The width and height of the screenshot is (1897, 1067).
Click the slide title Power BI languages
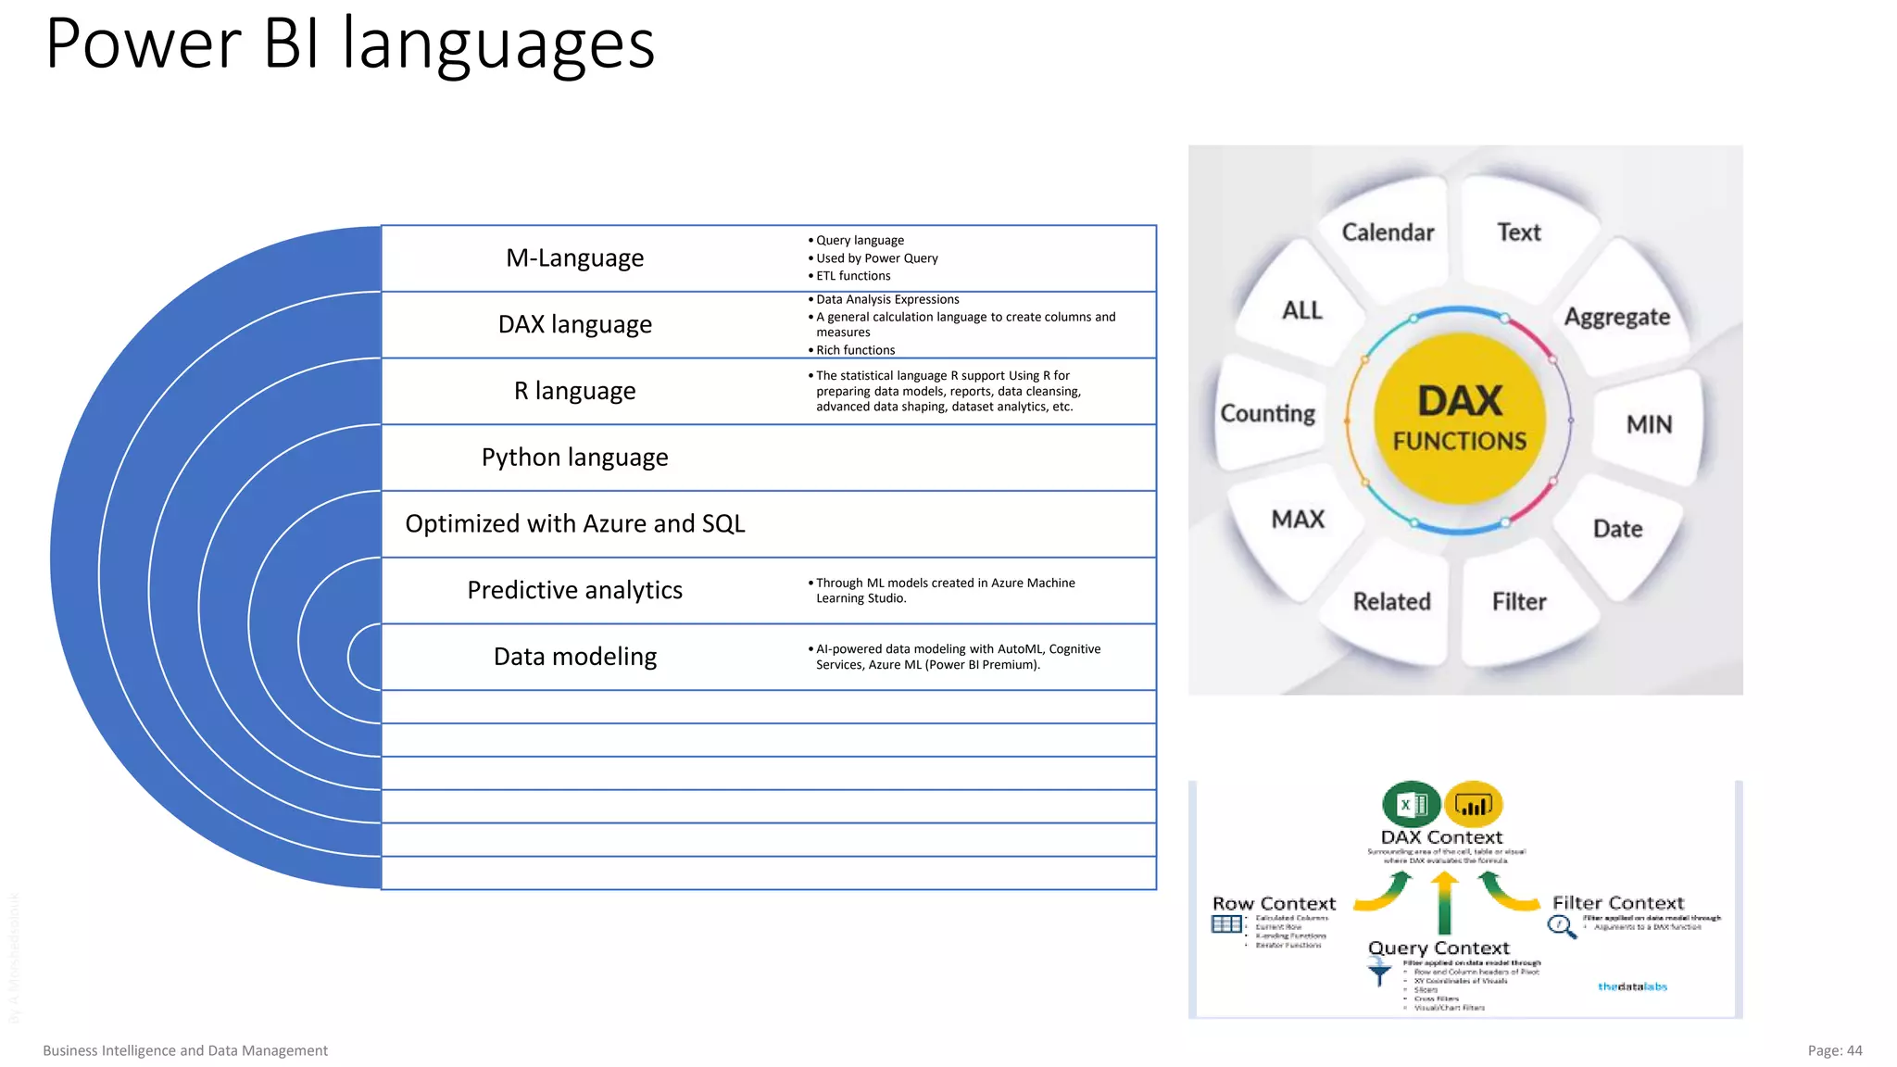[350, 44]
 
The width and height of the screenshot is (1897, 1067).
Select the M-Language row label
[574, 258]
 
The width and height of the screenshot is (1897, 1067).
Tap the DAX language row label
[574, 324]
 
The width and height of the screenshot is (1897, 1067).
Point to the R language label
[574, 391]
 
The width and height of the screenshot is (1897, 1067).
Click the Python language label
[574, 458]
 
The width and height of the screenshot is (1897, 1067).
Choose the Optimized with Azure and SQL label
[574, 524]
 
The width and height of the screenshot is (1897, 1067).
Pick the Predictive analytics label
[574, 590]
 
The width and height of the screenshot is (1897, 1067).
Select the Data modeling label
[574, 657]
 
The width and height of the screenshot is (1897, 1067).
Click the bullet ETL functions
[853, 276]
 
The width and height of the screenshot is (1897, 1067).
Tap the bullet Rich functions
[855, 350]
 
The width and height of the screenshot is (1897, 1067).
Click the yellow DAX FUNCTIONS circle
[1460, 420]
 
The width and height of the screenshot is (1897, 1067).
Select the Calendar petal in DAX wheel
[1388, 232]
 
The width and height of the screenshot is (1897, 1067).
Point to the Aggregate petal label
[1617, 317]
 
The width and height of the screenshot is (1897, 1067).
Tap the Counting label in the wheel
[1267, 413]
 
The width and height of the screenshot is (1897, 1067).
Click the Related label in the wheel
[1391, 602]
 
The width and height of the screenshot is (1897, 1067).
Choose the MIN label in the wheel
[1649, 424]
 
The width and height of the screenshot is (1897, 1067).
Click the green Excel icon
[1410, 804]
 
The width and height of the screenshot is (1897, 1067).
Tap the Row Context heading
[1274, 903]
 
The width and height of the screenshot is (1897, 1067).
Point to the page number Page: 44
[1834, 1050]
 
